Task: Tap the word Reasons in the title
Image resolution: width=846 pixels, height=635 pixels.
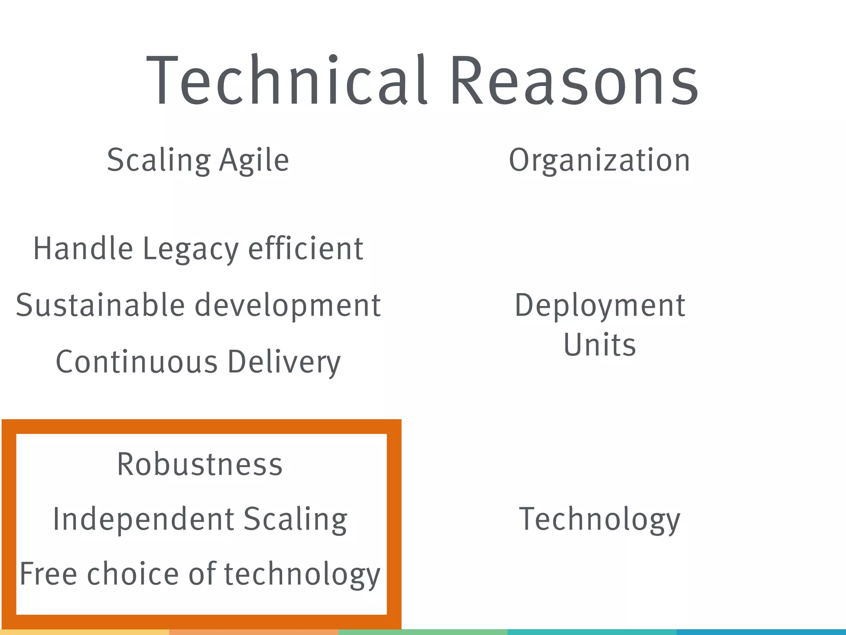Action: [574, 81]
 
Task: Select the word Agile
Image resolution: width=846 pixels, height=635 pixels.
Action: [254, 160]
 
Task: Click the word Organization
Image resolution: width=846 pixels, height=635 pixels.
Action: [599, 160]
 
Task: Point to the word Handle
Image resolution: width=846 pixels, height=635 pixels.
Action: [83, 249]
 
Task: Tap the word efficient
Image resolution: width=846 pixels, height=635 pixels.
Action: [306, 249]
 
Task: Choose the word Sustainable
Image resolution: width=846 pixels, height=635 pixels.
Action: [100, 306]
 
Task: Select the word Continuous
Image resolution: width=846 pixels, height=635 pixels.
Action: [136, 362]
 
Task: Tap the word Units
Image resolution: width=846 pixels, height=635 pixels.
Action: [599, 345]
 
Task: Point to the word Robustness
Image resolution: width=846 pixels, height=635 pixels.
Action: [200, 464]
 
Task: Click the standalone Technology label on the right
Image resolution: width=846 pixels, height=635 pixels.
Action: [599, 520]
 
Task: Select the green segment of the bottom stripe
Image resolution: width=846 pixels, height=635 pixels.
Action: [423, 632]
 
